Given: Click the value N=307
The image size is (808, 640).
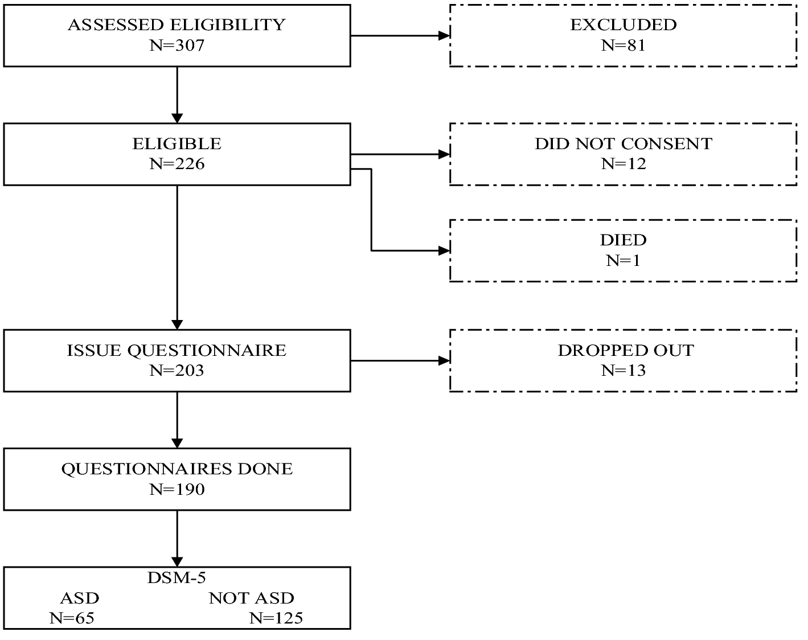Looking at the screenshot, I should (x=177, y=46).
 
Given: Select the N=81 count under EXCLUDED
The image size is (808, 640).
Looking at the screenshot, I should (x=623, y=46).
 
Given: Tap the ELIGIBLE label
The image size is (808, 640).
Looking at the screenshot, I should (x=177, y=143).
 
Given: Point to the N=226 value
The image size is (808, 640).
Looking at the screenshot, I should (x=177, y=164).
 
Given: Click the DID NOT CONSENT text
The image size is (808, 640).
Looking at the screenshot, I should (x=623, y=143).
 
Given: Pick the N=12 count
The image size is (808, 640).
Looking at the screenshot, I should (x=623, y=164).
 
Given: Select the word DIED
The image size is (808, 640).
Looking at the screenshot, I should (x=623, y=240).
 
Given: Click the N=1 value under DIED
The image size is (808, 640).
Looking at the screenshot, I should (x=623, y=260).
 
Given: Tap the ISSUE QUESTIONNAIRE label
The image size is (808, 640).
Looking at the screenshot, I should (x=177, y=350).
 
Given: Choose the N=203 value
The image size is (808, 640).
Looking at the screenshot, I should (x=177, y=371).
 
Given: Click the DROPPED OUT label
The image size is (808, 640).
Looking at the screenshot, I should (x=625, y=350).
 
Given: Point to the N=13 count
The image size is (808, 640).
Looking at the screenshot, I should (x=623, y=371).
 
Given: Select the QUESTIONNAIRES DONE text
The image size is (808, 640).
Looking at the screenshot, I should (x=177, y=469).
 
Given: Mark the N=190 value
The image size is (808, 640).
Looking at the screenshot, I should (x=177, y=490).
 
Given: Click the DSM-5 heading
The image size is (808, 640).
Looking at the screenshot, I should (x=177, y=577).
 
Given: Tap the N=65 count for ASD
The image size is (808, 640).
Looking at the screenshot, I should (x=72, y=618).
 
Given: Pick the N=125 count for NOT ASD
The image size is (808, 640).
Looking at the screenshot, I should (x=276, y=618).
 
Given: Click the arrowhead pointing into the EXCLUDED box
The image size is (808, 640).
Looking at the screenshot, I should (x=444, y=36).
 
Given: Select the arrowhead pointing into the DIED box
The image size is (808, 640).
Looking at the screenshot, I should (x=444, y=251).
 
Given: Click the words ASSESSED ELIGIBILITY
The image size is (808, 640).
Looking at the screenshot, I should (x=177, y=25).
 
